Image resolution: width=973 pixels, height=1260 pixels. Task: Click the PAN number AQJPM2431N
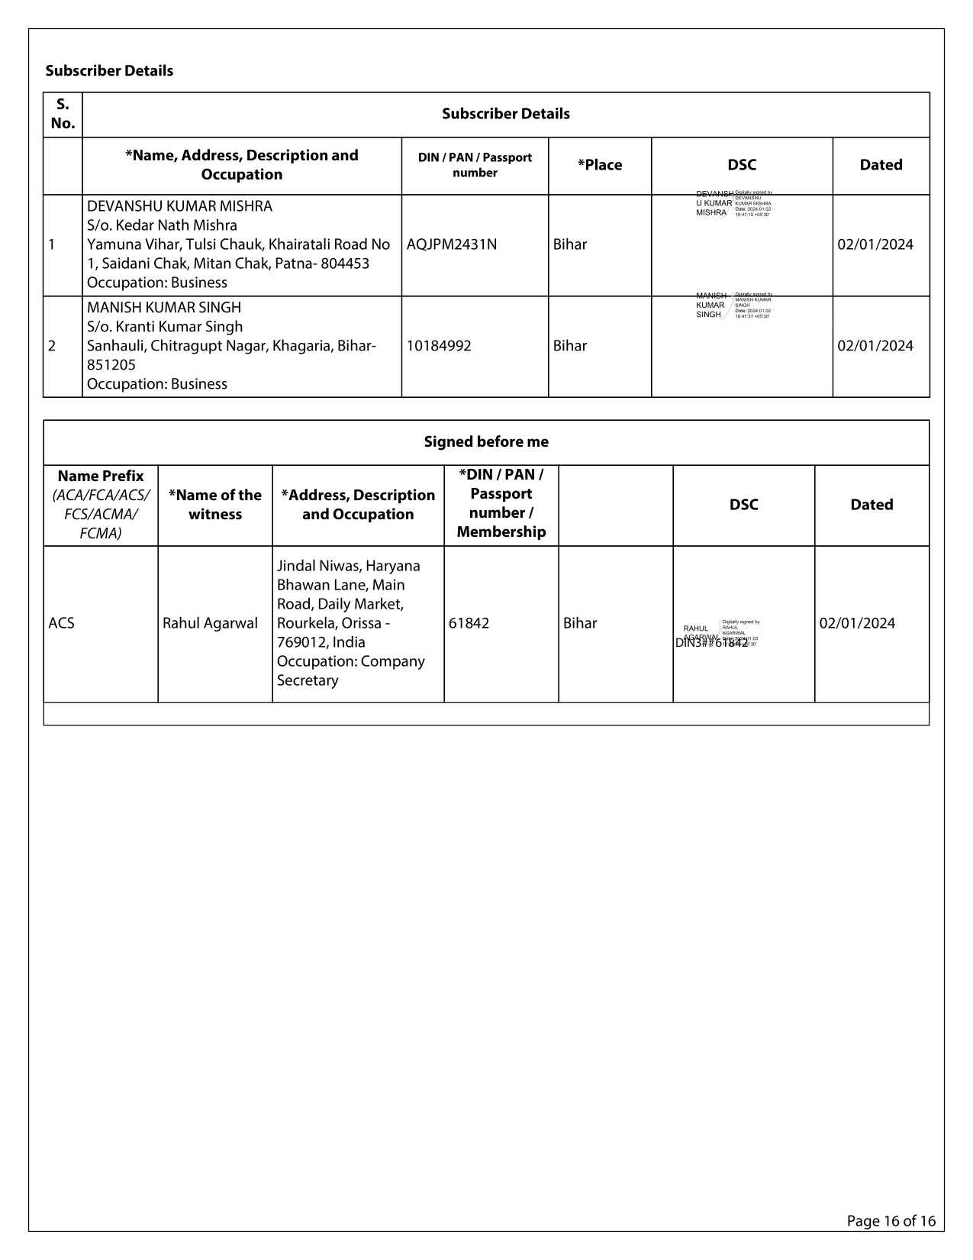pos(451,244)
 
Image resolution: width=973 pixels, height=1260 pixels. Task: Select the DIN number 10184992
pos(438,346)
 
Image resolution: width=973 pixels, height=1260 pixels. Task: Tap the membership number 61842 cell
pos(469,623)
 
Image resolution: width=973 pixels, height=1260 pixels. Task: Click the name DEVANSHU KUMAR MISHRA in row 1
pos(179,206)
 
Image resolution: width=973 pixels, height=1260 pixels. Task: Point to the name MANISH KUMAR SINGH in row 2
pos(164,308)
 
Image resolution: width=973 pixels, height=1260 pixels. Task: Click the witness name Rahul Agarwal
pos(210,623)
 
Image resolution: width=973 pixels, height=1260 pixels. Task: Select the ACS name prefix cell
pos(62,623)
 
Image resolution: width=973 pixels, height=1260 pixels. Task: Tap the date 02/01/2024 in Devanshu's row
pos(875,244)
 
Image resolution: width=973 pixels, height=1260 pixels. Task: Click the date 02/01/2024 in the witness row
pos(857,623)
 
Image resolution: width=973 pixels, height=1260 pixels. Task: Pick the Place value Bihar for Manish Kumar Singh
pos(570,346)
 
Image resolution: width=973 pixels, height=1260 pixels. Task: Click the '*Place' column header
pos(600,165)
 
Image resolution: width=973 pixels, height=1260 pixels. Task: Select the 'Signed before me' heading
pos(486,442)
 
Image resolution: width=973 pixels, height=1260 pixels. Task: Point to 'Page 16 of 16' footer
pos(891,1221)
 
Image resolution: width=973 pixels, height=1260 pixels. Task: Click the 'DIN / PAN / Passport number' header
pos(475,165)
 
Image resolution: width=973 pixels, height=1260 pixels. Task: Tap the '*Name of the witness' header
pos(215,505)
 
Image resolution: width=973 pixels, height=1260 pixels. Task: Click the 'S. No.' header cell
pos(63,114)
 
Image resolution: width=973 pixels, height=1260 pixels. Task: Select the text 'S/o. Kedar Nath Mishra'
pos(162,225)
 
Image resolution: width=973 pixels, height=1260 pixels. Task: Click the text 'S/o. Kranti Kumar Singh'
pos(165,327)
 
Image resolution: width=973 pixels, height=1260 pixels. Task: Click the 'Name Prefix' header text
pos(101,476)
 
